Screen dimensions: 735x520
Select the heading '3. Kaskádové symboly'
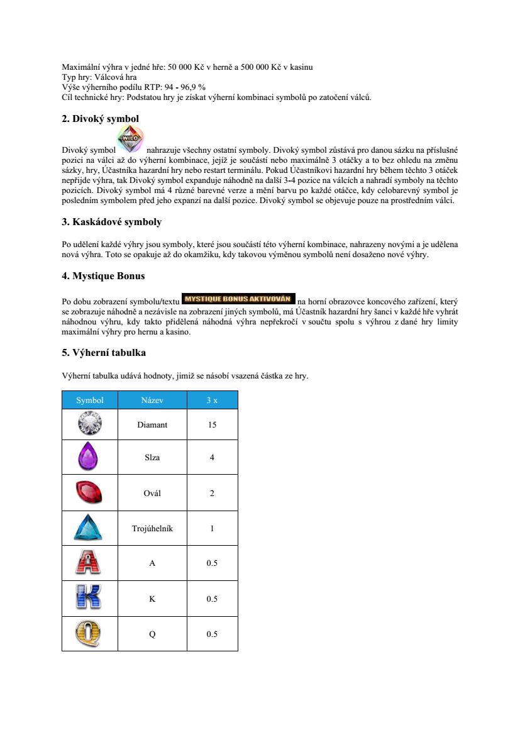point(111,222)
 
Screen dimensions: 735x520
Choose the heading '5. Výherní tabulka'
point(104,352)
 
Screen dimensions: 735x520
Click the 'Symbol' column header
point(90,400)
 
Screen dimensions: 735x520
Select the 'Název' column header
point(152,400)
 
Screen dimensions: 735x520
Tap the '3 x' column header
point(212,400)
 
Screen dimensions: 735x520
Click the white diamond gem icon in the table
point(90,424)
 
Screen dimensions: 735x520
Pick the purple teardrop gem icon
point(90,457)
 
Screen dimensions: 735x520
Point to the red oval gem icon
point(90,492)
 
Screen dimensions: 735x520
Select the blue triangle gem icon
point(90,528)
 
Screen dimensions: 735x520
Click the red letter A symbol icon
point(90,563)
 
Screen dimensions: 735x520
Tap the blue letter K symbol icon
point(90,598)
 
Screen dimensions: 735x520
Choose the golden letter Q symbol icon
point(90,633)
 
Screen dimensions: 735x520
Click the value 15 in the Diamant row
point(212,425)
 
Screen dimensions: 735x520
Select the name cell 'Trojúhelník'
point(152,528)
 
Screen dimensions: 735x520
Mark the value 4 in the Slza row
point(212,458)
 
